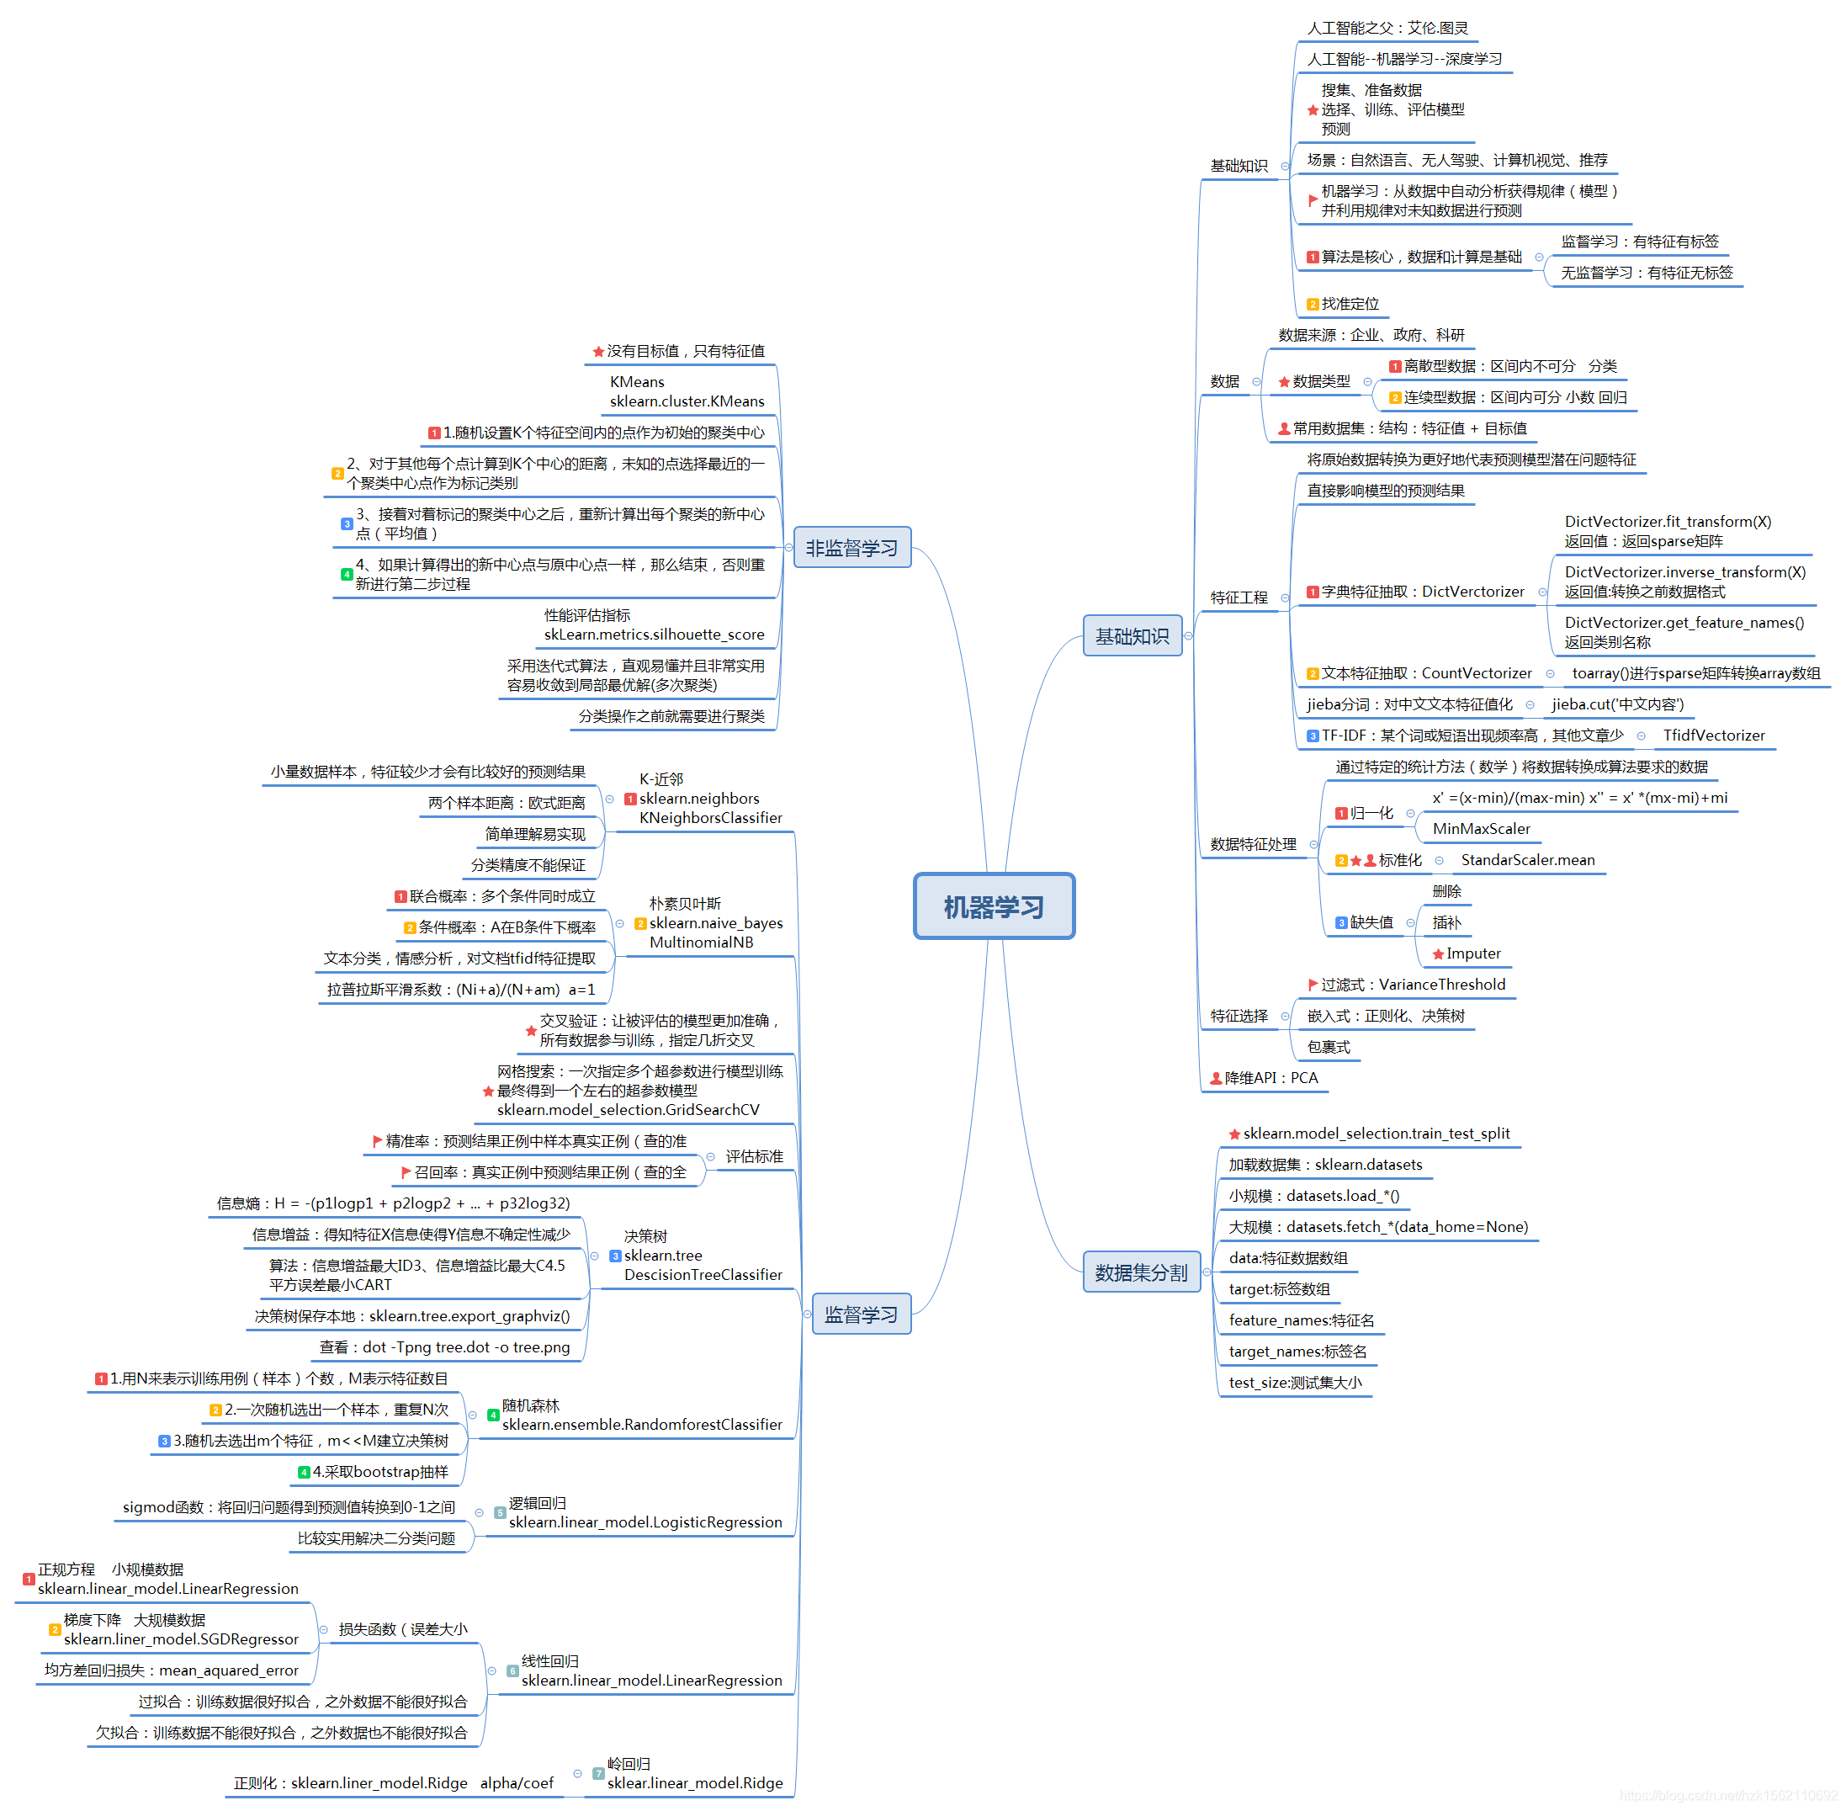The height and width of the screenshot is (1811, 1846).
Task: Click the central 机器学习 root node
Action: click(x=994, y=906)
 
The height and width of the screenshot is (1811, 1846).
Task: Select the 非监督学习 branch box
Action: click(x=852, y=548)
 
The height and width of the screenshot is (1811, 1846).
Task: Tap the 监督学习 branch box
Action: click(x=861, y=1314)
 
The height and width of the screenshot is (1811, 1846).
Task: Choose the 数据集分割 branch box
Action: click(x=1141, y=1272)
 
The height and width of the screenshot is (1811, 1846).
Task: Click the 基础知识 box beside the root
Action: click(x=1132, y=635)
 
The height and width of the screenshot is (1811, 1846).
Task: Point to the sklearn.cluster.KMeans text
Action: click(x=687, y=401)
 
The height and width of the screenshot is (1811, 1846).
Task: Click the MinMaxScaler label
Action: click(x=1481, y=828)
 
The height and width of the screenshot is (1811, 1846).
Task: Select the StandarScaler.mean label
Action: click(x=1527, y=860)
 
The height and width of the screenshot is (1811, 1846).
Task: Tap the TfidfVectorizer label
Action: click(x=1713, y=736)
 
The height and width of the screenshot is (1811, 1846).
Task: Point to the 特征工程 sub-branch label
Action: click(x=1239, y=597)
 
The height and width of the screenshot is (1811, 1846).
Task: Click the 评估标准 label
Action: click(x=754, y=1156)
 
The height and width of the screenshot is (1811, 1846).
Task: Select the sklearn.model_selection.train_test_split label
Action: click(x=1375, y=1133)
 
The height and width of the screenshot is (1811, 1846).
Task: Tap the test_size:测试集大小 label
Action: click(x=1294, y=1382)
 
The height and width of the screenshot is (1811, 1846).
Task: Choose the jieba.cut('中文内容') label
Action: click(x=1617, y=704)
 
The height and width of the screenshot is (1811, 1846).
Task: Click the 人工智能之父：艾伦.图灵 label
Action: click(x=1387, y=28)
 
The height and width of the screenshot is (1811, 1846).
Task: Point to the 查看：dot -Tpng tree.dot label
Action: click(x=444, y=1346)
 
